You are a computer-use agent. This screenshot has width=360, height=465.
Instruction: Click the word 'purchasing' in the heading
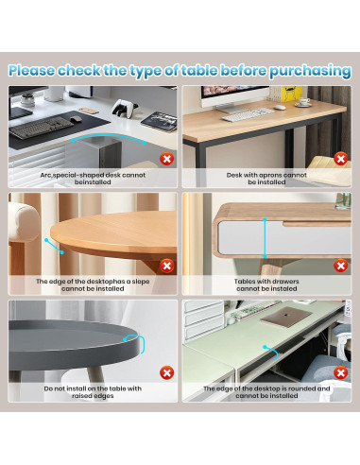click(x=310, y=72)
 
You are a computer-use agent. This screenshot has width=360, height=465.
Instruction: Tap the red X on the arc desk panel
click(x=167, y=159)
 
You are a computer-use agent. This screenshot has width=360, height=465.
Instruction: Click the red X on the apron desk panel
click(x=341, y=159)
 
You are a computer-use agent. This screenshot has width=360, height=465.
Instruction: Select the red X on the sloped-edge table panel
click(x=167, y=266)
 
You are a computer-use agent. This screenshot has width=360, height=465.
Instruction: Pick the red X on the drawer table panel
click(x=341, y=266)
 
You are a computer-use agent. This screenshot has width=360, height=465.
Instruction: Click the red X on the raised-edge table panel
click(x=167, y=373)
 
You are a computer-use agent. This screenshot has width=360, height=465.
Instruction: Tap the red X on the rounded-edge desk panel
click(x=341, y=373)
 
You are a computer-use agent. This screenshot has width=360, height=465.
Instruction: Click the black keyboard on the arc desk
click(x=42, y=128)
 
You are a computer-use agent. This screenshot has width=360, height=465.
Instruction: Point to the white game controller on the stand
click(x=125, y=108)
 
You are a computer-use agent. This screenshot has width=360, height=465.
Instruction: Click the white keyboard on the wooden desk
click(x=248, y=114)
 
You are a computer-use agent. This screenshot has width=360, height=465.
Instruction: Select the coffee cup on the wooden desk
click(x=303, y=102)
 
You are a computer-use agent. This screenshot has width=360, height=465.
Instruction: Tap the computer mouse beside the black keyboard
click(x=76, y=119)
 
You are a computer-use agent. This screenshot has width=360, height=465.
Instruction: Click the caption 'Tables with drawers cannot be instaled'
click(x=266, y=285)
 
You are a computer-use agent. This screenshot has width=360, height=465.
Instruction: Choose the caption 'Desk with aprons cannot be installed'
click(x=266, y=179)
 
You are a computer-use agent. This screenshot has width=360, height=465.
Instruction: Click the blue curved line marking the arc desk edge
click(x=109, y=136)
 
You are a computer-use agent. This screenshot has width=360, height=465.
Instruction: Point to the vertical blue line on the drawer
click(x=266, y=238)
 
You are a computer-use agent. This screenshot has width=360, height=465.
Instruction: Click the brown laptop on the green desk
click(x=286, y=317)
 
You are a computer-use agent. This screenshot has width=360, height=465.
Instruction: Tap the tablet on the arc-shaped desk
click(x=159, y=122)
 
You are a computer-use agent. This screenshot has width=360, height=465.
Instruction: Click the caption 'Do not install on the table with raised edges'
click(x=93, y=392)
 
